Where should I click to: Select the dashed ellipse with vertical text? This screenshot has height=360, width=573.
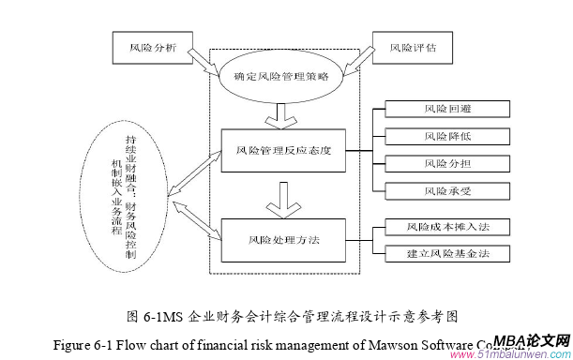123,196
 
